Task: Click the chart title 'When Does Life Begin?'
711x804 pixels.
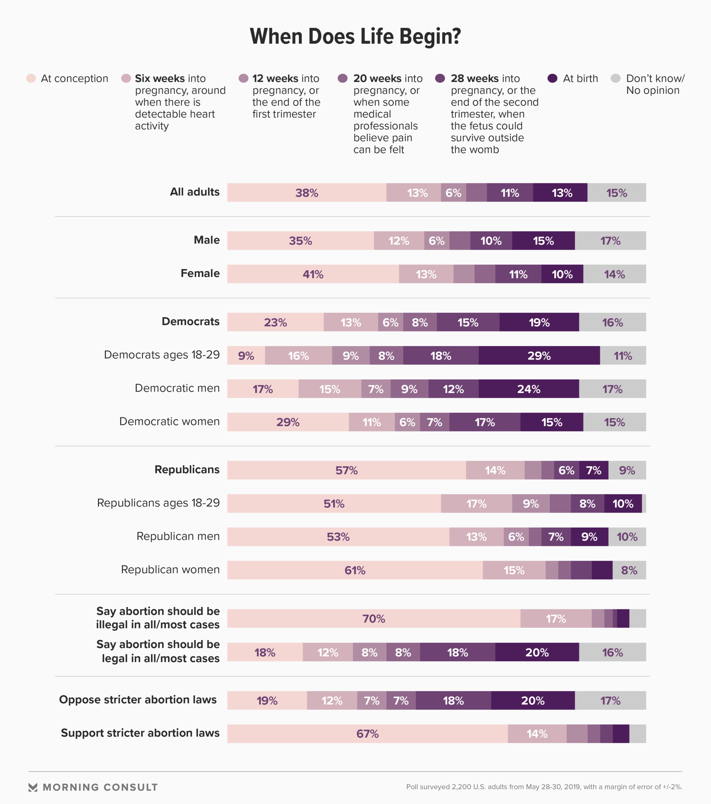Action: point(355,36)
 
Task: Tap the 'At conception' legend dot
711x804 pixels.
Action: point(31,78)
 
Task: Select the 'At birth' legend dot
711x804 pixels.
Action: point(553,78)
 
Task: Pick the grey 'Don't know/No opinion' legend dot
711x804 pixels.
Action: point(615,78)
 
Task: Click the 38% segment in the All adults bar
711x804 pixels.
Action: point(307,193)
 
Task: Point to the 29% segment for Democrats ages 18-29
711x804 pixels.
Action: point(539,356)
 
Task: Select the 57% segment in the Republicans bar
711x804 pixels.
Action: point(347,470)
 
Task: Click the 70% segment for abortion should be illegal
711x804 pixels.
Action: point(374,619)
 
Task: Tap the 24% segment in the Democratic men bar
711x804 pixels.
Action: point(528,389)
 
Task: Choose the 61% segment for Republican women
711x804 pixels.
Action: point(355,570)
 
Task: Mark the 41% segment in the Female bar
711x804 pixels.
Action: point(313,274)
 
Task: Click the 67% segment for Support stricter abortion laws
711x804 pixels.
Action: point(367,734)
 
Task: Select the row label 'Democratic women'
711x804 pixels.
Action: point(170,422)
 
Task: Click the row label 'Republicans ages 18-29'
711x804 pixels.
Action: point(158,503)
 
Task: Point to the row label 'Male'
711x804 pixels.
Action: point(207,240)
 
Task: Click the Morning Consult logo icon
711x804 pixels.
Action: point(33,787)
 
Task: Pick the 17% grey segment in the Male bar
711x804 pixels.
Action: point(610,241)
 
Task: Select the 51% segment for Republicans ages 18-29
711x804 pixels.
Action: point(334,504)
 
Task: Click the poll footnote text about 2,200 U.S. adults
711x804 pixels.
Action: point(544,787)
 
